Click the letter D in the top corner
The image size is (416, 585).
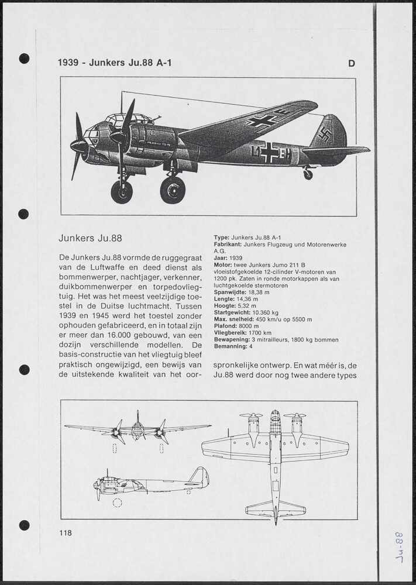tap(352, 64)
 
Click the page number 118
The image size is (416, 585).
tap(65, 532)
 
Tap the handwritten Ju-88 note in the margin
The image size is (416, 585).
tap(400, 546)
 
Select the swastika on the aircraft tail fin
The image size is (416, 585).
tap(324, 135)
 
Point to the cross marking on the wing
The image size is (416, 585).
tap(262, 121)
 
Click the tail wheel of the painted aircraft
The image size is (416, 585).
tap(308, 174)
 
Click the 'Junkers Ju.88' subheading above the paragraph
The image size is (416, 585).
tap(90, 238)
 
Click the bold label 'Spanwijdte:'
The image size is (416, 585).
tap(230, 292)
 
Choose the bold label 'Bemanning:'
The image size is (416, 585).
tap(231, 346)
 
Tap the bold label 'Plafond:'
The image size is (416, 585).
tap(225, 326)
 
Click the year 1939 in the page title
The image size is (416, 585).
tap(70, 63)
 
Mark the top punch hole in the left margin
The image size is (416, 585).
tap(24, 58)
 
